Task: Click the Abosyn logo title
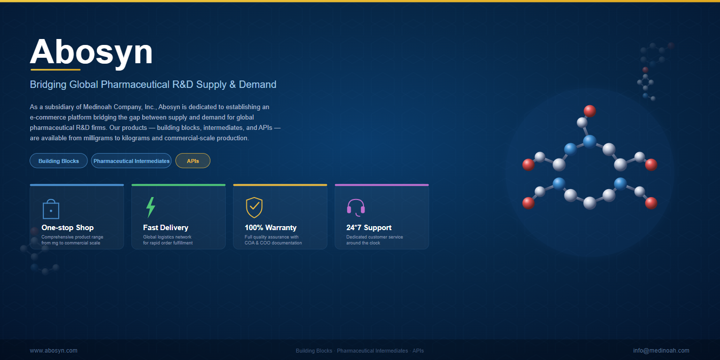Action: point(91,52)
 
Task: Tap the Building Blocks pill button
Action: point(58,160)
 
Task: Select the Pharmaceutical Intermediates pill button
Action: point(131,160)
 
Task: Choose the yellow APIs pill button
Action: point(193,160)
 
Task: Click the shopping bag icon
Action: point(51,209)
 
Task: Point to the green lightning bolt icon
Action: point(151,207)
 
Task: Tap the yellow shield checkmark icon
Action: point(254,207)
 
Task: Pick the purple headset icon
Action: point(356,207)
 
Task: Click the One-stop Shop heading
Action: point(68,228)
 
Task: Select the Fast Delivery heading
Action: point(165,228)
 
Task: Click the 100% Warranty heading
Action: point(271,228)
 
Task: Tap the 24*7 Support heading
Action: point(369,228)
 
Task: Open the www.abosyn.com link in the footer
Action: point(54,351)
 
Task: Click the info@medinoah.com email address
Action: point(661,351)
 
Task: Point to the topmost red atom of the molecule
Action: point(590,111)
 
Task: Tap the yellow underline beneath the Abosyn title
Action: point(55,70)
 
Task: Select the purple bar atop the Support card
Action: point(382,185)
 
